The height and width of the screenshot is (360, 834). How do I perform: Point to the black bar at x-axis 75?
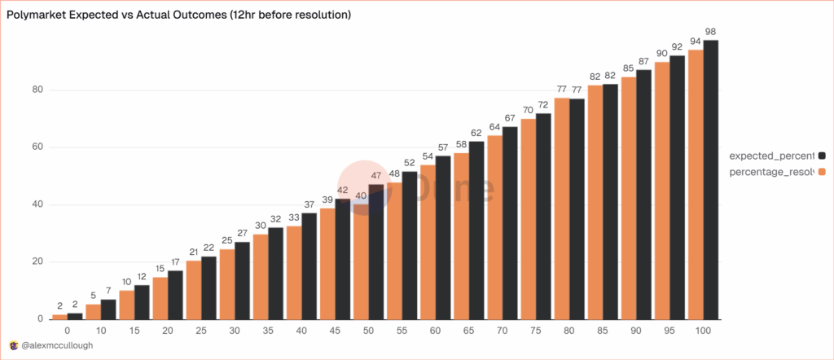[543, 216]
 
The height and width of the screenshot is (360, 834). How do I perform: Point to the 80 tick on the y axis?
[37, 90]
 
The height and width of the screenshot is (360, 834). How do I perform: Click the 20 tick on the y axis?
[37, 261]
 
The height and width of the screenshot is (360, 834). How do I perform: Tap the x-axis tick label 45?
[335, 331]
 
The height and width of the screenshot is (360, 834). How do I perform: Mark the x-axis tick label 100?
[703, 331]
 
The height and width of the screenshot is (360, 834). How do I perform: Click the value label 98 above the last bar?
[711, 32]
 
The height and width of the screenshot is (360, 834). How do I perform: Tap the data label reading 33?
[294, 217]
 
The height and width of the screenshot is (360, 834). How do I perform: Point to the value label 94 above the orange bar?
[696, 42]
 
